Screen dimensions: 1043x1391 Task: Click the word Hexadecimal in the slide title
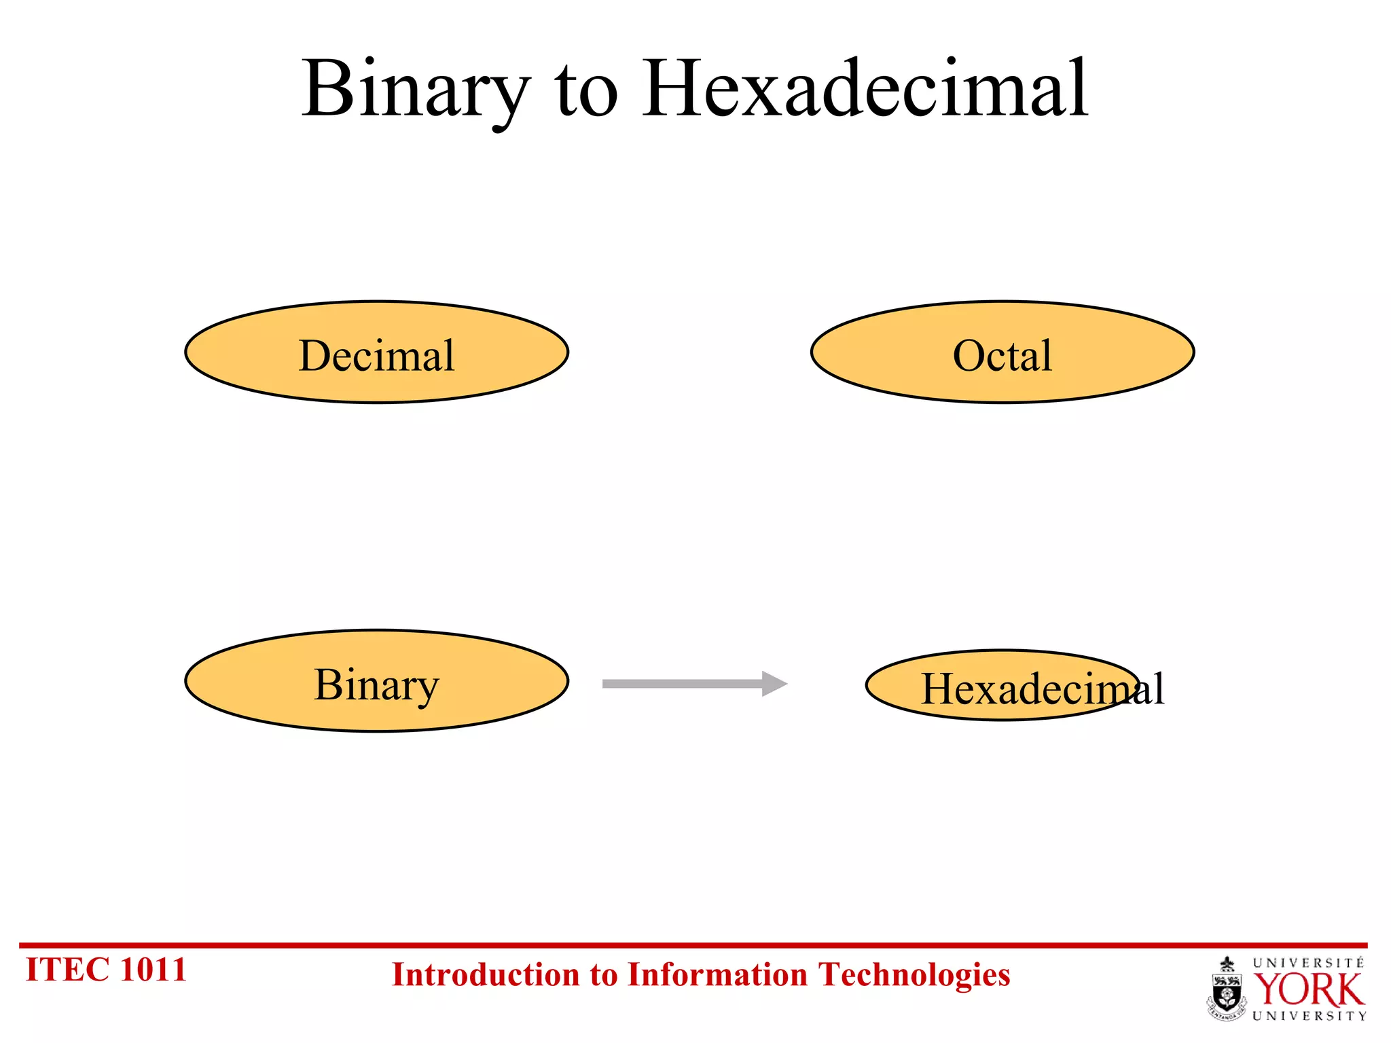tap(865, 90)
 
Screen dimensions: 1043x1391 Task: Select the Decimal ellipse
tap(376, 353)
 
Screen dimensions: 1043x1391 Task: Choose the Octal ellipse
tap(1002, 353)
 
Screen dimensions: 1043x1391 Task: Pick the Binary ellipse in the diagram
tap(376, 682)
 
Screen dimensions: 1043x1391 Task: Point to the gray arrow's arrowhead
tap(774, 684)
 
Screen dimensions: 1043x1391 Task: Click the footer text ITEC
tap(67, 970)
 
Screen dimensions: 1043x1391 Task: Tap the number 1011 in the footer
tap(152, 970)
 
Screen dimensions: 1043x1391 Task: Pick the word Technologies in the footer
tap(914, 975)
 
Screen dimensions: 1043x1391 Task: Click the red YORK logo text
tap(1308, 990)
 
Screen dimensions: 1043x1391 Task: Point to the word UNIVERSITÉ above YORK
tap(1308, 963)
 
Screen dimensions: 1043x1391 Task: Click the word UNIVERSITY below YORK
tap(1308, 1016)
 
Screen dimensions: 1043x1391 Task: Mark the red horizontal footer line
tap(693, 945)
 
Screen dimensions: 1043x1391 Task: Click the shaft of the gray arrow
tap(679, 684)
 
